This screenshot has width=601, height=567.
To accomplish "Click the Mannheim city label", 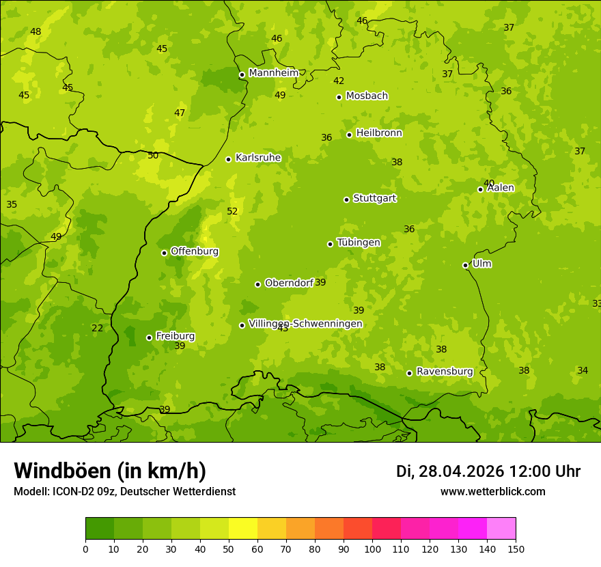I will tap(273, 73).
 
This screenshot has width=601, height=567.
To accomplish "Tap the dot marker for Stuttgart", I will tap(346, 199).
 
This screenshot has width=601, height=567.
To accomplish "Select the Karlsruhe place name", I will tap(257, 158).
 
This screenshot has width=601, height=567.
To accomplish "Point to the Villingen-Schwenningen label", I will tap(305, 324).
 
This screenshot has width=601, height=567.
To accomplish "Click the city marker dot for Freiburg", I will tap(149, 337).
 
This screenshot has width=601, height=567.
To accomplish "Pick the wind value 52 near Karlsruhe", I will tap(232, 212).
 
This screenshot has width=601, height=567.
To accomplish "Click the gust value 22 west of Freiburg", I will tap(98, 329).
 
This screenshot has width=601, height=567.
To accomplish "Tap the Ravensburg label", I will tap(444, 372).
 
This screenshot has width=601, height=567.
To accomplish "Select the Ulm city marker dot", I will tap(465, 265).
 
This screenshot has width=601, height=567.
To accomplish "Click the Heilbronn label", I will tap(379, 133).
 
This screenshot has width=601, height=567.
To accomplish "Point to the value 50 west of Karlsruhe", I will tap(153, 156).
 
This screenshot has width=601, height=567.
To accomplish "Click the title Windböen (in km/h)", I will tap(110, 471).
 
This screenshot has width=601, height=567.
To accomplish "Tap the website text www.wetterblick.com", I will tap(492, 492).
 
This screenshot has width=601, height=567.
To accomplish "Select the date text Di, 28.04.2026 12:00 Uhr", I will tap(488, 471).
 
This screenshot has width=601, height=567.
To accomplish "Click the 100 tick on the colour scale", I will tap(372, 549).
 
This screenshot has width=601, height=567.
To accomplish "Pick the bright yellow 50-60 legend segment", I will tap(243, 529).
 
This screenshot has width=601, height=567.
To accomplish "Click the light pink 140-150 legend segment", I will tap(501, 529).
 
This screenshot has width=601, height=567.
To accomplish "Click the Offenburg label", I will tap(195, 251).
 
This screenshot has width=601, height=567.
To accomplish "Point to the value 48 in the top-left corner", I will tap(36, 32).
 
